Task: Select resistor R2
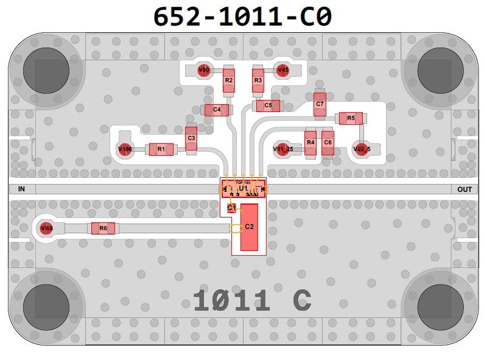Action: coord(229,80)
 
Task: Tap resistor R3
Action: coord(258,80)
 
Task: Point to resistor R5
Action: coord(351,118)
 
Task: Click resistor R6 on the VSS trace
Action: coord(103,228)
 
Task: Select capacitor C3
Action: coord(191,139)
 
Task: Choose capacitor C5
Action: coord(268,105)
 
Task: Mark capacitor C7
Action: coord(320,104)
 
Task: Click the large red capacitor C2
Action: coord(250,227)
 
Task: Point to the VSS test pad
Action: coord(46,228)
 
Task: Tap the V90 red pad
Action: coord(204,71)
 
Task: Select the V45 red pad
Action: coord(282,71)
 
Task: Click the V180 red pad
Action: coord(125,149)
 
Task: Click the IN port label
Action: coord(22,189)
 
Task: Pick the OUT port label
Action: coord(465,189)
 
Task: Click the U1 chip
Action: coord(243,189)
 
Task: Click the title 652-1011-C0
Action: coord(242,17)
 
